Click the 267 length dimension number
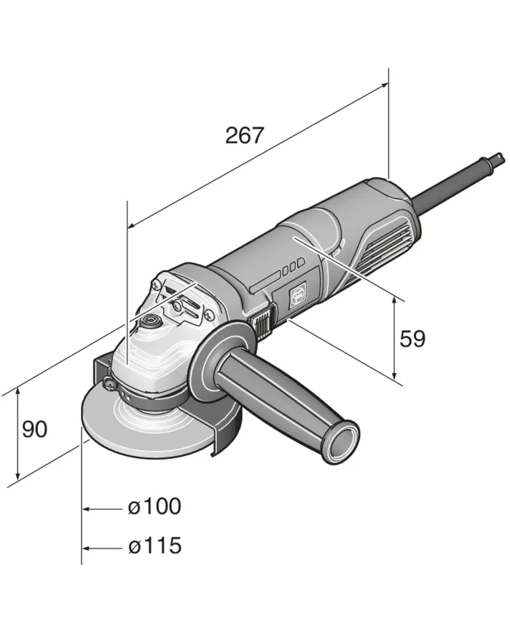tap(244, 135)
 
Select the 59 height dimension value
tap(412, 339)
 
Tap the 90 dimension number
tap(34, 430)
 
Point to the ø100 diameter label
tap(154, 506)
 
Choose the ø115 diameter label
tap(154, 546)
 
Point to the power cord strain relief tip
tap(498, 156)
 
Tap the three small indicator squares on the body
tap(292, 267)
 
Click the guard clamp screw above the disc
tap(108, 383)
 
